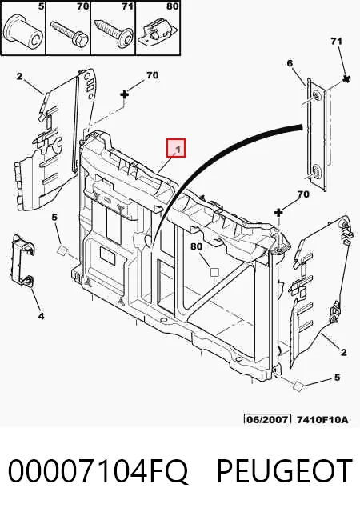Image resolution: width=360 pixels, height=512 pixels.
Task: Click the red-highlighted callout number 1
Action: (176, 148)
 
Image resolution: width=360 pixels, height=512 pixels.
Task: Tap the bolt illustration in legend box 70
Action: (70, 32)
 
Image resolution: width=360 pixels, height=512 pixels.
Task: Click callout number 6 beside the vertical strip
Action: (290, 63)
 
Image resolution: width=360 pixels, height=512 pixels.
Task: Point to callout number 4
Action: (41, 316)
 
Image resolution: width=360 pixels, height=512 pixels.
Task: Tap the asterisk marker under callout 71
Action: (346, 78)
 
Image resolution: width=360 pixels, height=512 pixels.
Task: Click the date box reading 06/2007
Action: (267, 419)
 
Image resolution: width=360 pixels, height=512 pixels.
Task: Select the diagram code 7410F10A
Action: (322, 419)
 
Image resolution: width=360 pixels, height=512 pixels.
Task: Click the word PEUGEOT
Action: (285, 471)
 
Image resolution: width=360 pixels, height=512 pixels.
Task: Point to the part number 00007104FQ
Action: (98, 471)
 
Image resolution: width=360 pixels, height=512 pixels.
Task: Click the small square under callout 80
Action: (214, 272)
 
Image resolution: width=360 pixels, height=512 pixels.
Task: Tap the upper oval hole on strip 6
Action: (317, 96)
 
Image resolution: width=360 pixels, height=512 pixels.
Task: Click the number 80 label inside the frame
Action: (196, 246)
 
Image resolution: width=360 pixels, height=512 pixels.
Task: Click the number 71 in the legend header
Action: (128, 6)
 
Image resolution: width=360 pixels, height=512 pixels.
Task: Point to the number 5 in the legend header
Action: (41, 6)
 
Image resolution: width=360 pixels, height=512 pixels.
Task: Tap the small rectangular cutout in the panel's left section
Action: (108, 255)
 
